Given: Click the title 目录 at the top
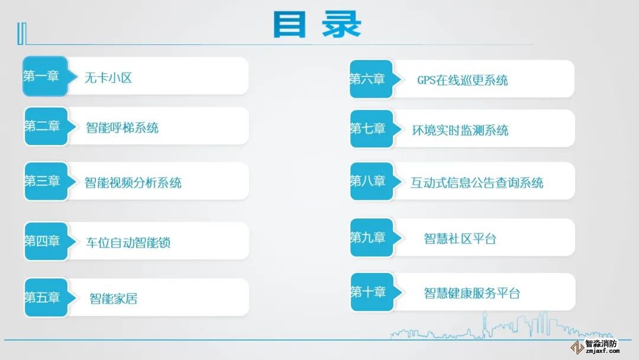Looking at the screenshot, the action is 317,24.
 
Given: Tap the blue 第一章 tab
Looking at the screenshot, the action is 46,76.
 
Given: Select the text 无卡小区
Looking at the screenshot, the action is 108,78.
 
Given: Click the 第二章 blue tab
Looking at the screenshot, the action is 47,126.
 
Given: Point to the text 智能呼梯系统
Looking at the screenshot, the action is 122,128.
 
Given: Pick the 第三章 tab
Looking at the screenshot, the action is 47,181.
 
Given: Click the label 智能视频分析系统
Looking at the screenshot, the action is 133,182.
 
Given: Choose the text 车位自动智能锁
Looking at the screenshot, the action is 128,243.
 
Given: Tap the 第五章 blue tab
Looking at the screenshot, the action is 47,297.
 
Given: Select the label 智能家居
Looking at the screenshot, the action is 113,299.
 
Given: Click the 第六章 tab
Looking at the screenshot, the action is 372,79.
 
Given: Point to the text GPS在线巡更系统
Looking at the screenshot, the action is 462,81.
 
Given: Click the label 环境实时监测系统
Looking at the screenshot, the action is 460,130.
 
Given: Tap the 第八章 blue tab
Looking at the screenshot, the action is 372,181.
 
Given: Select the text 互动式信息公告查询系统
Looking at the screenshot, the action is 477,182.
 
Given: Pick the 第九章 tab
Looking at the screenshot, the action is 372,237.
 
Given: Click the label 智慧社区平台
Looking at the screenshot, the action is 460,239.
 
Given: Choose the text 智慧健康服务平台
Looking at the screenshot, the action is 472,293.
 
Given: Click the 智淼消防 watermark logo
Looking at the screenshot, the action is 595,346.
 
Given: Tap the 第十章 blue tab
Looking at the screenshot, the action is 373,292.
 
